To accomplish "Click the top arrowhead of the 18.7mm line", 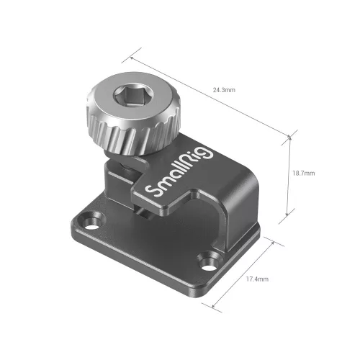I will tap(289, 135).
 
